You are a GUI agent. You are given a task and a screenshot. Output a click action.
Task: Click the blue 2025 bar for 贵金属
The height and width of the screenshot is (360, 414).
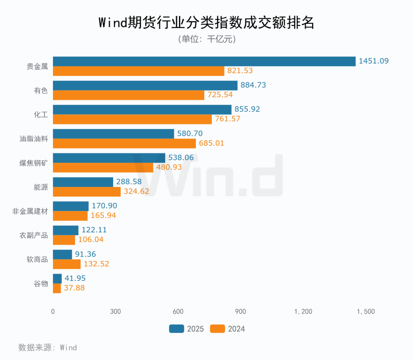tap(204, 61)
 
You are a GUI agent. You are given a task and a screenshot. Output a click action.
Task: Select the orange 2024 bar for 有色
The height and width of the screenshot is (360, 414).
tap(128, 95)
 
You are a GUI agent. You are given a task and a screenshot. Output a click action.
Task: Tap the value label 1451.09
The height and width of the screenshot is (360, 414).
tap(374, 61)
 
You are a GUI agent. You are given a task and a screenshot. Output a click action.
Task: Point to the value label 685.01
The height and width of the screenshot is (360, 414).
tap(211, 143)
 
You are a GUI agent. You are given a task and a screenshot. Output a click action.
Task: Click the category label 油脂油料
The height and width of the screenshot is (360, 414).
tap(34, 139)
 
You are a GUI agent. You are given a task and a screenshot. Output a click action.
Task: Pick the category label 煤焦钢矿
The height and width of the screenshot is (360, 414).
tap(34, 163)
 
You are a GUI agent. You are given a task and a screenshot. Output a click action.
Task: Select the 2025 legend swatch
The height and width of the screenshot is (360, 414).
tap(176, 329)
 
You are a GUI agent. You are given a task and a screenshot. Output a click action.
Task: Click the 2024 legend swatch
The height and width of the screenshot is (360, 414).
tap(217, 329)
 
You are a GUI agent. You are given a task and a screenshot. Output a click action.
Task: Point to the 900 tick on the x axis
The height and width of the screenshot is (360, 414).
tap(240, 312)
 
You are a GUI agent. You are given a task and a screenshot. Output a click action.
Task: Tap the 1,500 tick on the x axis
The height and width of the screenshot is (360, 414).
tap(366, 312)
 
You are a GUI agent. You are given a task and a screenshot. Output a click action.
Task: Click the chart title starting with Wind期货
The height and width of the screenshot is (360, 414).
tap(207, 23)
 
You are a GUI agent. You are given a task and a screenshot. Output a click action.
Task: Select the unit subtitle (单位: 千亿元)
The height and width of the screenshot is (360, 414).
tap(207, 39)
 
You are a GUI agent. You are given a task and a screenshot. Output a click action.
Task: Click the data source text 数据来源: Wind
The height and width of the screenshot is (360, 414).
tap(48, 348)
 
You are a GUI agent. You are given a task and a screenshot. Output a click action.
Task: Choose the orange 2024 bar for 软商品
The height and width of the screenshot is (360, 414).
tap(67, 264)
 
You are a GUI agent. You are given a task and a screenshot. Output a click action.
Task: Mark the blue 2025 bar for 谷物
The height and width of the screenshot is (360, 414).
tap(57, 278)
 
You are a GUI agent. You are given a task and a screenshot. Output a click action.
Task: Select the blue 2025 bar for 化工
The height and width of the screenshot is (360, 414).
tap(142, 109)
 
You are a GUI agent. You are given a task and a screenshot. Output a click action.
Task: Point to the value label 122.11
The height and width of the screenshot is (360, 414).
tap(94, 230)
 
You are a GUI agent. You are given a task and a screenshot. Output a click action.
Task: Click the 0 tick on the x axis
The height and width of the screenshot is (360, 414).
tap(53, 312)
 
